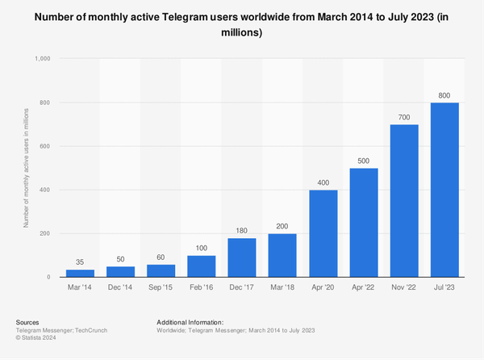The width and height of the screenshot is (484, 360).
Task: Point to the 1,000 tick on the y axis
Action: (42, 59)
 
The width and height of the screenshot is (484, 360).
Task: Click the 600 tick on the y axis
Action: (45, 146)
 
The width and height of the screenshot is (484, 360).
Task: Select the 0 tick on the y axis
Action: (50, 277)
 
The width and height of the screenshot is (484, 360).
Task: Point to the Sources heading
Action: (28, 322)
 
